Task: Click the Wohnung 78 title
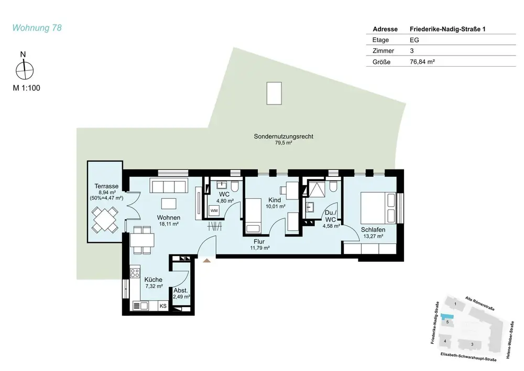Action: [37, 27]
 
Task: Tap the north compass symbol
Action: [25, 69]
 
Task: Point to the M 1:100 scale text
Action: [26, 88]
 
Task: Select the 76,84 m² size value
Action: [422, 61]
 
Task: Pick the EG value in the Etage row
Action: [414, 40]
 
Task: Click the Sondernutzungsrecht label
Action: [283, 136]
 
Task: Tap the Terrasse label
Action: [106, 186]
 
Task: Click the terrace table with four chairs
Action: [105, 220]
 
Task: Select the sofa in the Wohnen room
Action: [168, 186]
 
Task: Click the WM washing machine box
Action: [214, 211]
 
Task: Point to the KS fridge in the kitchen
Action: [163, 306]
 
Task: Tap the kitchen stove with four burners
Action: [135, 272]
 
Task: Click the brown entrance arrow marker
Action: [207, 260]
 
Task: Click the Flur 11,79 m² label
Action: [260, 245]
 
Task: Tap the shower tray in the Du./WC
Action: [316, 189]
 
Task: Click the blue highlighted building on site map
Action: [447, 316]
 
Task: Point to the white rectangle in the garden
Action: [274, 93]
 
